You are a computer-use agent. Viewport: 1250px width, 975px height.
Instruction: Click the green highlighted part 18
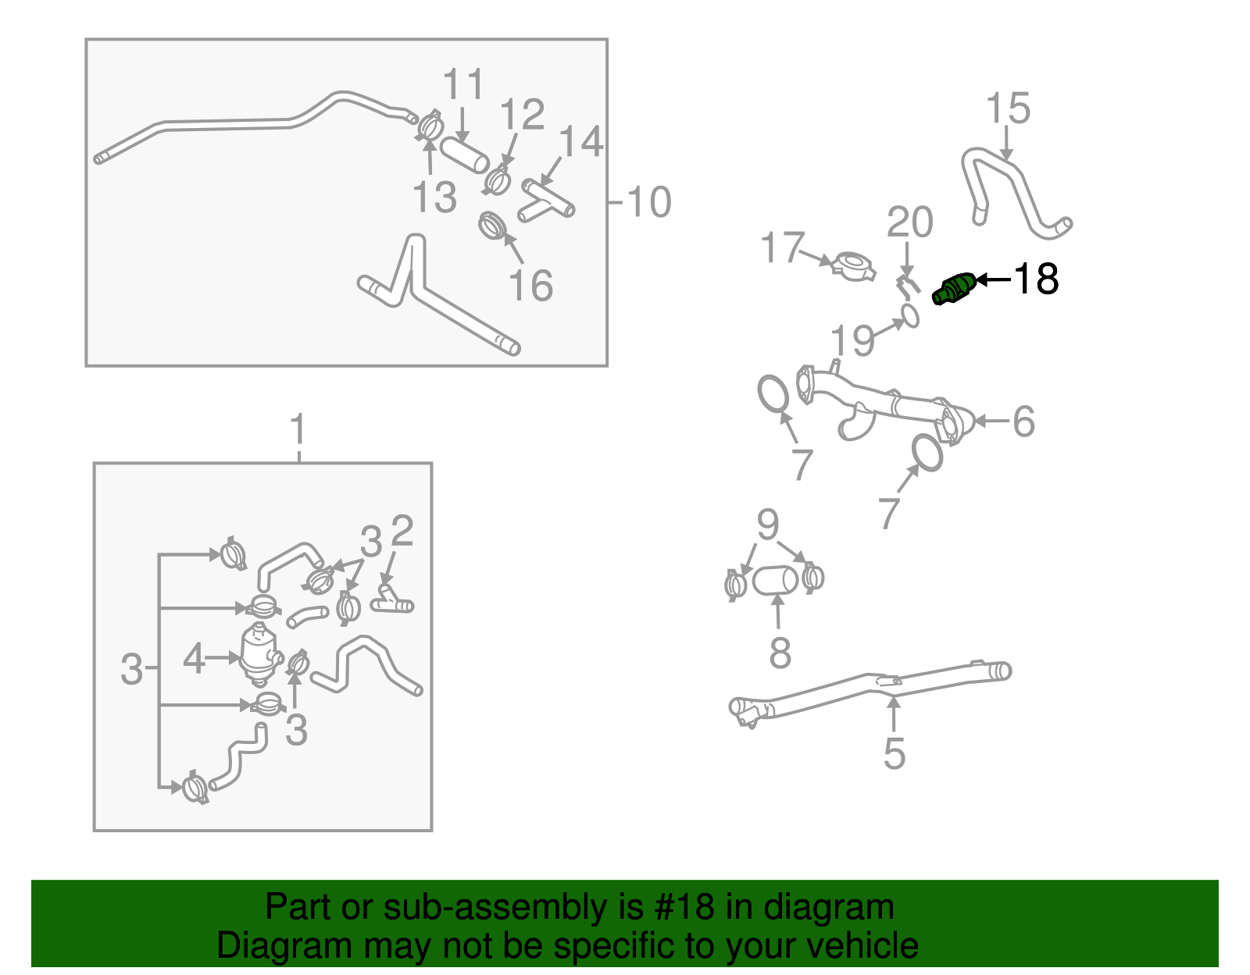coord(954,289)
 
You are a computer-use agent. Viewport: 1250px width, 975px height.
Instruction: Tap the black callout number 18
coord(1036,279)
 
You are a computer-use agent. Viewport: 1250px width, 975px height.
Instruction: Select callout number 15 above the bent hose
coord(1008,109)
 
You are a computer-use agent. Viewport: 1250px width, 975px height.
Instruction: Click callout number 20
coord(909,222)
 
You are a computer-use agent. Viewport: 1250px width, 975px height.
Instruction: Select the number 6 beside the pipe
coord(1023,422)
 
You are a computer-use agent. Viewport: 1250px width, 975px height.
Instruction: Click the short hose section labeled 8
coord(775,581)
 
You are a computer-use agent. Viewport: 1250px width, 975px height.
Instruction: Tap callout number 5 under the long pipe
coord(894,753)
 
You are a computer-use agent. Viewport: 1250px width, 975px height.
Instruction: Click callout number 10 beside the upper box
coord(648,202)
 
